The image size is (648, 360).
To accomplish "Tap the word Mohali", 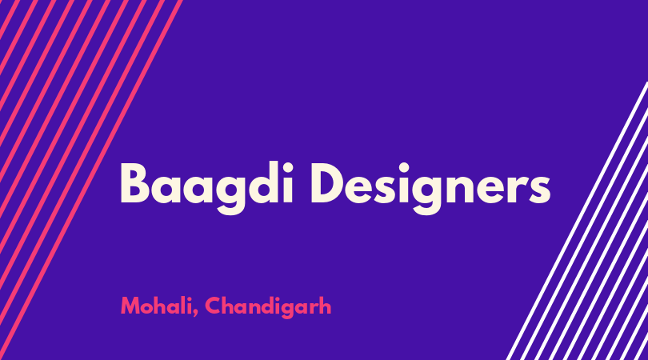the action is pos(159,306).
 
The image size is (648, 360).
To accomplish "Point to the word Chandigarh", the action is pos(268,307).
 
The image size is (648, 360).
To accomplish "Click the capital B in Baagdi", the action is pos(134,184).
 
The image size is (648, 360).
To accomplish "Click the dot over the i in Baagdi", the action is pos(287,168).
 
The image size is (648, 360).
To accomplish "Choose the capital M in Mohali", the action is pos(131,306).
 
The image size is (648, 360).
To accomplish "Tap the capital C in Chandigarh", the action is pos(214,306).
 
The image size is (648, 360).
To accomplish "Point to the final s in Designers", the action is pos(538,190).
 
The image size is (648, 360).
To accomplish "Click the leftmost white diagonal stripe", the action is pos(577,221).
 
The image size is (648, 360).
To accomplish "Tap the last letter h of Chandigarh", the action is pos(326,306).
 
